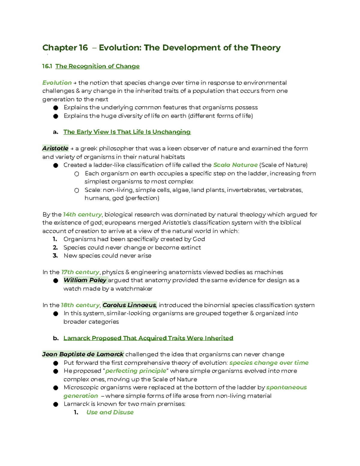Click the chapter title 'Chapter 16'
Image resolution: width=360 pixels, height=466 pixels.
pos(65,48)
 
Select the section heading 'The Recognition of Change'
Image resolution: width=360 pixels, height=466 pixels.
pos(97,66)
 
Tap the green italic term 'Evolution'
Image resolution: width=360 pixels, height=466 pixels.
pos(57,83)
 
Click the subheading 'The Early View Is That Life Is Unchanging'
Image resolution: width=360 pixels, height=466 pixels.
pos(127,132)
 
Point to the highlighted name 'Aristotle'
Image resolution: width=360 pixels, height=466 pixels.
pos(55,149)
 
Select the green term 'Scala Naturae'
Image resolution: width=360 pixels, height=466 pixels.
pos(235,165)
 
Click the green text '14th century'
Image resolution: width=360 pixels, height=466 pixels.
pos(82,215)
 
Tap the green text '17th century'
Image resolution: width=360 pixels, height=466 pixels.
pos(80,272)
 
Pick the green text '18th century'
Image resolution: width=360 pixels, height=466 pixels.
pos(80,305)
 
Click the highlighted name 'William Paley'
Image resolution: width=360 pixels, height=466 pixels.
pos(85,280)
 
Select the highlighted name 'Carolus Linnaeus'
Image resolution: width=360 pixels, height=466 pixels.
pos(129,305)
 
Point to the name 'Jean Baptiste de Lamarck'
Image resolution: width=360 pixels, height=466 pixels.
pos(83,354)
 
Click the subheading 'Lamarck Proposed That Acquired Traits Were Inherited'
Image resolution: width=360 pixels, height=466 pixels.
pos(148,338)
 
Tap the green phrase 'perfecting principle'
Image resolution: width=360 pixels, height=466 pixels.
pos(136,371)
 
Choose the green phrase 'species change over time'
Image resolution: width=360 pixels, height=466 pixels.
pos(269,363)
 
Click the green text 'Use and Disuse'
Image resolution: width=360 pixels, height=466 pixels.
pos(110,412)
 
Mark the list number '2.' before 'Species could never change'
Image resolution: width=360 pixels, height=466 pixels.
pos(55,248)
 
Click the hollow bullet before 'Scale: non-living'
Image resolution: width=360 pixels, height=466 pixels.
pos(77,190)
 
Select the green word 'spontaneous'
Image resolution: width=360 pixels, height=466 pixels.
pos(286,387)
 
